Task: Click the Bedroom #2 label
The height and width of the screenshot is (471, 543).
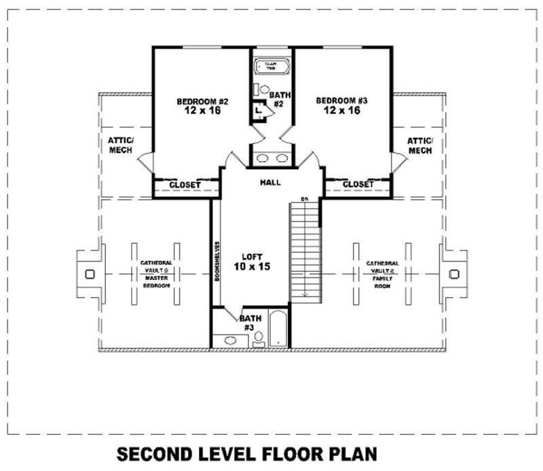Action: (x=202, y=102)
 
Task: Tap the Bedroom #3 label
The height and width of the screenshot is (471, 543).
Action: (x=341, y=101)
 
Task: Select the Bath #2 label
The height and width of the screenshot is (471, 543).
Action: (x=277, y=99)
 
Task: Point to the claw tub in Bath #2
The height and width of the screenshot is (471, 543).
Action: (x=270, y=67)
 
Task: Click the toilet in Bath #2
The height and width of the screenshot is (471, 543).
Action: (x=264, y=89)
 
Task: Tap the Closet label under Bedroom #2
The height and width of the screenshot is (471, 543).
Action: (x=185, y=184)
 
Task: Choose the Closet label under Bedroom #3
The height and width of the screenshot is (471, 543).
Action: (x=358, y=184)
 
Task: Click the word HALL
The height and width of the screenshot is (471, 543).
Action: (x=270, y=182)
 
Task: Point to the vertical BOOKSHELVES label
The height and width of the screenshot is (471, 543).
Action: (x=216, y=261)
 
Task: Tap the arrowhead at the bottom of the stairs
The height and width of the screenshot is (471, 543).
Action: (x=305, y=294)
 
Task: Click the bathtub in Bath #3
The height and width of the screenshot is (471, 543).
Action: (x=278, y=329)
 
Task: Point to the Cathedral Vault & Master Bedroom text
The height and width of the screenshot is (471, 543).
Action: (x=155, y=275)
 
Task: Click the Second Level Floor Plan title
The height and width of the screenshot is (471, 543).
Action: (x=246, y=453)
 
